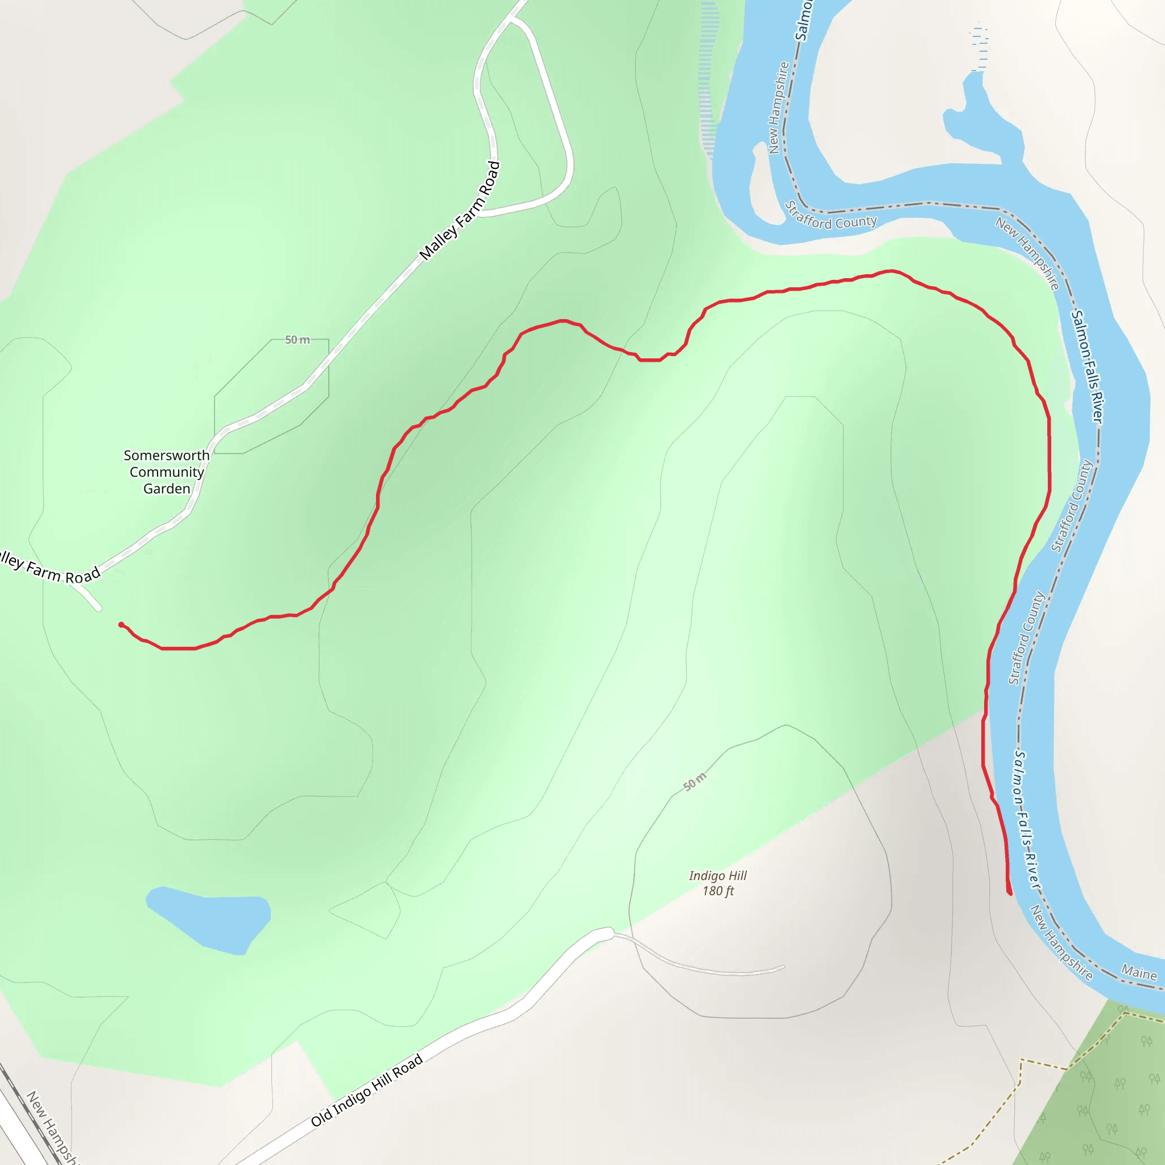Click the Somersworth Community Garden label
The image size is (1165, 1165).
pos(167,472)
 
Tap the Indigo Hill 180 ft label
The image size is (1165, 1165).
pos(717,883)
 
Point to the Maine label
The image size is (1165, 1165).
pos(1138,973)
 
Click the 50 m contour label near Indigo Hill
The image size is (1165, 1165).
pos(695,782)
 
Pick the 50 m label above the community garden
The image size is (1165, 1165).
pos(298,340)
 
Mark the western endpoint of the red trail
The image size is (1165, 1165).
pos(121,625)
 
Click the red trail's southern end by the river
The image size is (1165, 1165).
pos(1010,893)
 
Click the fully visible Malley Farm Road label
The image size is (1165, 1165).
pos(461,211)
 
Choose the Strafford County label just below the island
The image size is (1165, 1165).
pos(831,218)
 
